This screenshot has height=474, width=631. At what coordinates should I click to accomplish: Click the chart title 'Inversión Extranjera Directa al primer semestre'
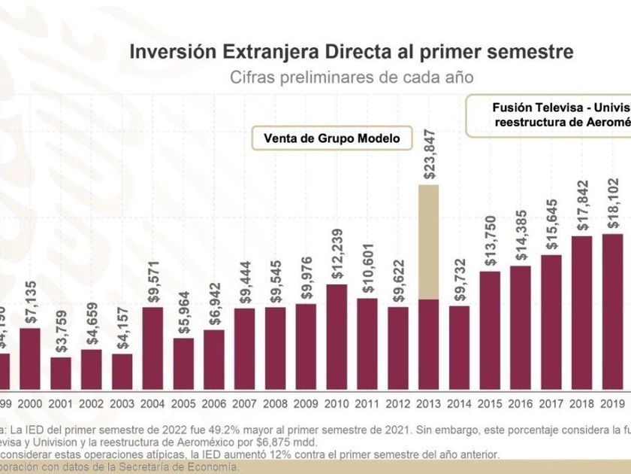coord(352,52)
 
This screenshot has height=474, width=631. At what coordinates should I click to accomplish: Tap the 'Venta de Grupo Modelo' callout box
coord(332,138)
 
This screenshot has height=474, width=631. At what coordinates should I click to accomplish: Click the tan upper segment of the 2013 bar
coord(428,241)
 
